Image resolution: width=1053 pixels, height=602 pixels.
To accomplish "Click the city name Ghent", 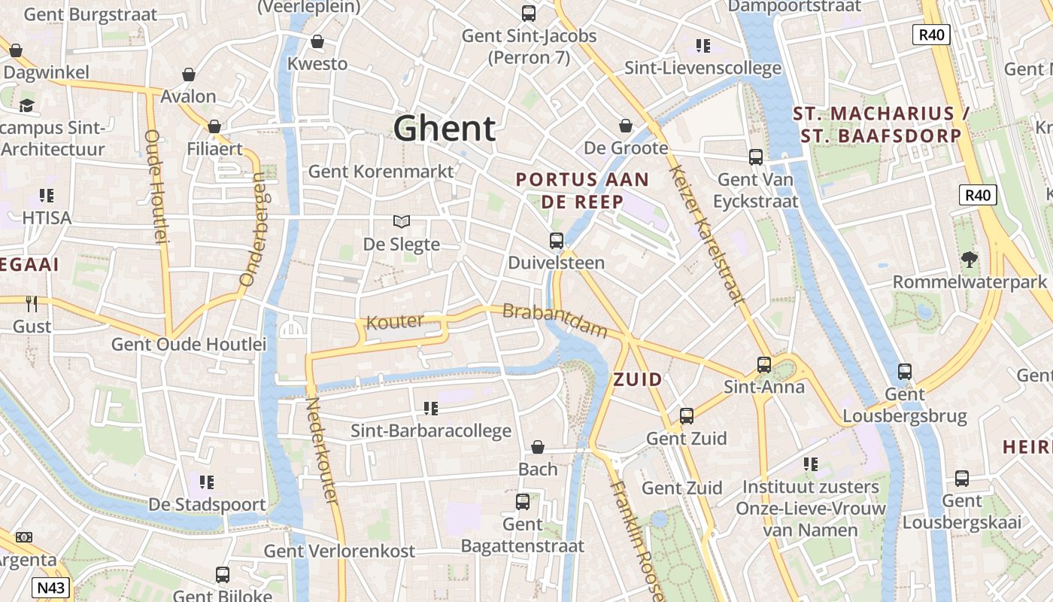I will (x=445, y=129).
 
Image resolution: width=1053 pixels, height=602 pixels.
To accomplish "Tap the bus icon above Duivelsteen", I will (x=557, y=241).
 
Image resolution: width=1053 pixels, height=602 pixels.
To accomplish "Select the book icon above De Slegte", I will (x=402, y=221).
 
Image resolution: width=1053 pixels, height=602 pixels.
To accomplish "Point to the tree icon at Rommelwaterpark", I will (x=970, y=260).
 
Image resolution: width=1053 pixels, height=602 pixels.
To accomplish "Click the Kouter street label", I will (x=394, y=322).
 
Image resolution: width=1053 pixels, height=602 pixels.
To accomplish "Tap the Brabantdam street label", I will (x=554, y=320).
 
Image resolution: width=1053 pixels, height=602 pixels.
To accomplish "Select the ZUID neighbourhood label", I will (x=638, y=379).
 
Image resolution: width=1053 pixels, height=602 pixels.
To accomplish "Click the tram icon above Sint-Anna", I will (x=764, y=365).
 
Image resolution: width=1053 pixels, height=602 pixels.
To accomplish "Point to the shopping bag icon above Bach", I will (x=538, y=447).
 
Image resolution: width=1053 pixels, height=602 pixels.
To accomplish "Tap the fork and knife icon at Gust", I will (x=32, y=304).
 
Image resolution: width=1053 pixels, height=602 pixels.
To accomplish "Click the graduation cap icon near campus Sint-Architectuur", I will (x=27, y=105).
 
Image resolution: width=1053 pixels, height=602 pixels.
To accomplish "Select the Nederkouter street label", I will (x=321, y=451).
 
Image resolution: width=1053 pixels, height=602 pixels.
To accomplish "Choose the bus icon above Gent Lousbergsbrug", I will (x=905, y=371).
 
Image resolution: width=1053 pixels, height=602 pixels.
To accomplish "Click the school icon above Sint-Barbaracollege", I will (x=430, y=409).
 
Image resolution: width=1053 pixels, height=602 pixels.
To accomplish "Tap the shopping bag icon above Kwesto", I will (x=317, y=41).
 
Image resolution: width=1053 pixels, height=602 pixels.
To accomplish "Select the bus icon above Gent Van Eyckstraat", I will (x=756, y=157).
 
